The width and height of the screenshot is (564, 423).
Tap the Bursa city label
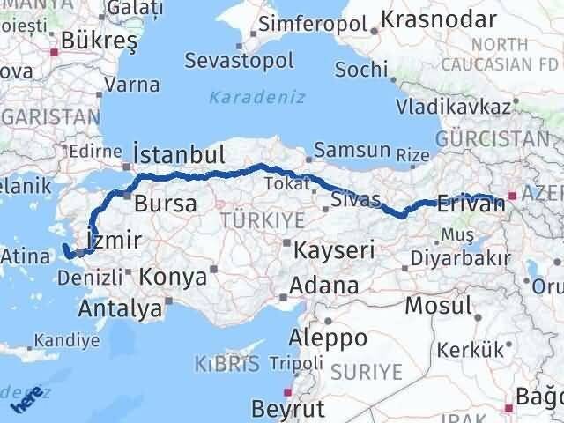165,204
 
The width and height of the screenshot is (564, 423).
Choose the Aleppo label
330,338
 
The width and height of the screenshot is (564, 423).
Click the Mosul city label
438,307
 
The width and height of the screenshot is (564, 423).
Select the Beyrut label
287,408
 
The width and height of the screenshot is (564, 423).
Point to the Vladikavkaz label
453,107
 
